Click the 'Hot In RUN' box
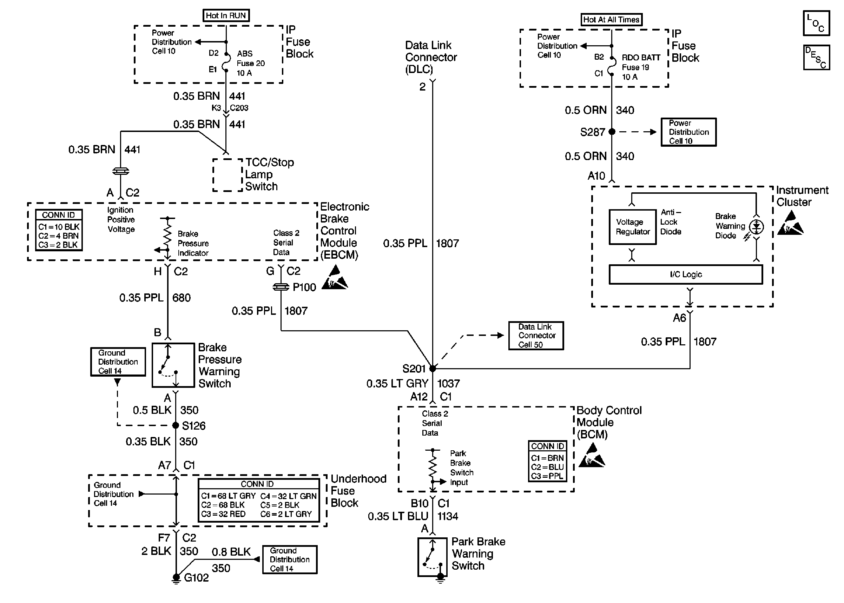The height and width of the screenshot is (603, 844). pyautogui.click(x=225, y=15)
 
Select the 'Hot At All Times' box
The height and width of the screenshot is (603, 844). pyautogui.click(x=611, y=20)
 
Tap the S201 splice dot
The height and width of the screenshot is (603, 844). pyautogui.click(x=433, y=369)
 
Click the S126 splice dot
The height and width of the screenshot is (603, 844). pyautogui.click(x=176, y=425)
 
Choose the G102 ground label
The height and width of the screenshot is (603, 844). pyautogui.click(x=196, y=578)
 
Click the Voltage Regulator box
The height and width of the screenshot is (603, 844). pyautogui.click(x=632, y=227)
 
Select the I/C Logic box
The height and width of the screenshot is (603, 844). pyautogui.click(x=685, y=274)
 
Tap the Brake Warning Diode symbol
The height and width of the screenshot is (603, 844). pyautogui.click(x=756, y=226)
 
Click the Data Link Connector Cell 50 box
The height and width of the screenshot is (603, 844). pyautogui.click(x=536, y=336)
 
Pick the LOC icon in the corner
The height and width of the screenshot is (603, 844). pyautogui.click(x=816, y=24)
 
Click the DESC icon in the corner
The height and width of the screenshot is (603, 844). pyautogui.click(x=816, y=58)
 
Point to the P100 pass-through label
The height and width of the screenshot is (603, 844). pyautogui.click(x=304, y=287)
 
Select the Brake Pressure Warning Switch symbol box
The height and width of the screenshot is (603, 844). pyautogui.click(x=173, y=365)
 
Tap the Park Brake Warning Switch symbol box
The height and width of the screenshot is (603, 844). pyautogui.click(x=432, y=557)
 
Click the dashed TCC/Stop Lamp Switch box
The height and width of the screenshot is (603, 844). pyautogui.click(x=228, y=175)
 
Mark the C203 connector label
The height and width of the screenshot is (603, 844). pyautogui.click(x=239, y=108)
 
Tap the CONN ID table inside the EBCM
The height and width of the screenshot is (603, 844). pyautogui.click(x=59, y=230)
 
